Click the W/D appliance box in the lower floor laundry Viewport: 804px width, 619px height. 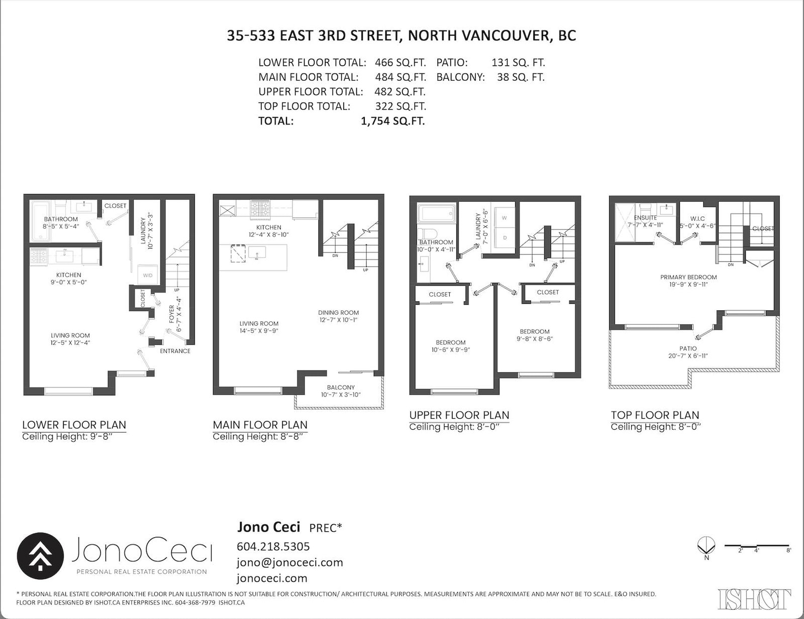point(148,275)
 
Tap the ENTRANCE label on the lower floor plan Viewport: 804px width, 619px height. point(175,351)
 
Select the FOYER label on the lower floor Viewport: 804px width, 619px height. point(171,314)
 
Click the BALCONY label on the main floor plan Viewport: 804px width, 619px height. point(341,387)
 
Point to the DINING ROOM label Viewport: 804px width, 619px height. point(339,313)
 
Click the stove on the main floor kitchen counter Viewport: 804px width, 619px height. point(260,209)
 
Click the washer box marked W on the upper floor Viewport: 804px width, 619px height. point(505,218)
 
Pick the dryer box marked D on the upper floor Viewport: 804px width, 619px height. point(505,238)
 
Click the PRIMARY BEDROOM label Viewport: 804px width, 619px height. point(688,277)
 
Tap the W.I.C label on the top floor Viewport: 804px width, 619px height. point(697,219)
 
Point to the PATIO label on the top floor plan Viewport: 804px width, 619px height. point(688,348)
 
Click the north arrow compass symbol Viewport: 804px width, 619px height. point(707,546)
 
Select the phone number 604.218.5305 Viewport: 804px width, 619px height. point(273,546)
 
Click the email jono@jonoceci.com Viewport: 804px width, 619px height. point(290,562)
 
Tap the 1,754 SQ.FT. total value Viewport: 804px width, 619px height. point(393,121)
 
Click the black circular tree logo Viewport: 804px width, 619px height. point(40,556)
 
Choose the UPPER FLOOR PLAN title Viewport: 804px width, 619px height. point(459,415)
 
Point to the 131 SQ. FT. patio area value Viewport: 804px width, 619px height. point(519,62)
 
